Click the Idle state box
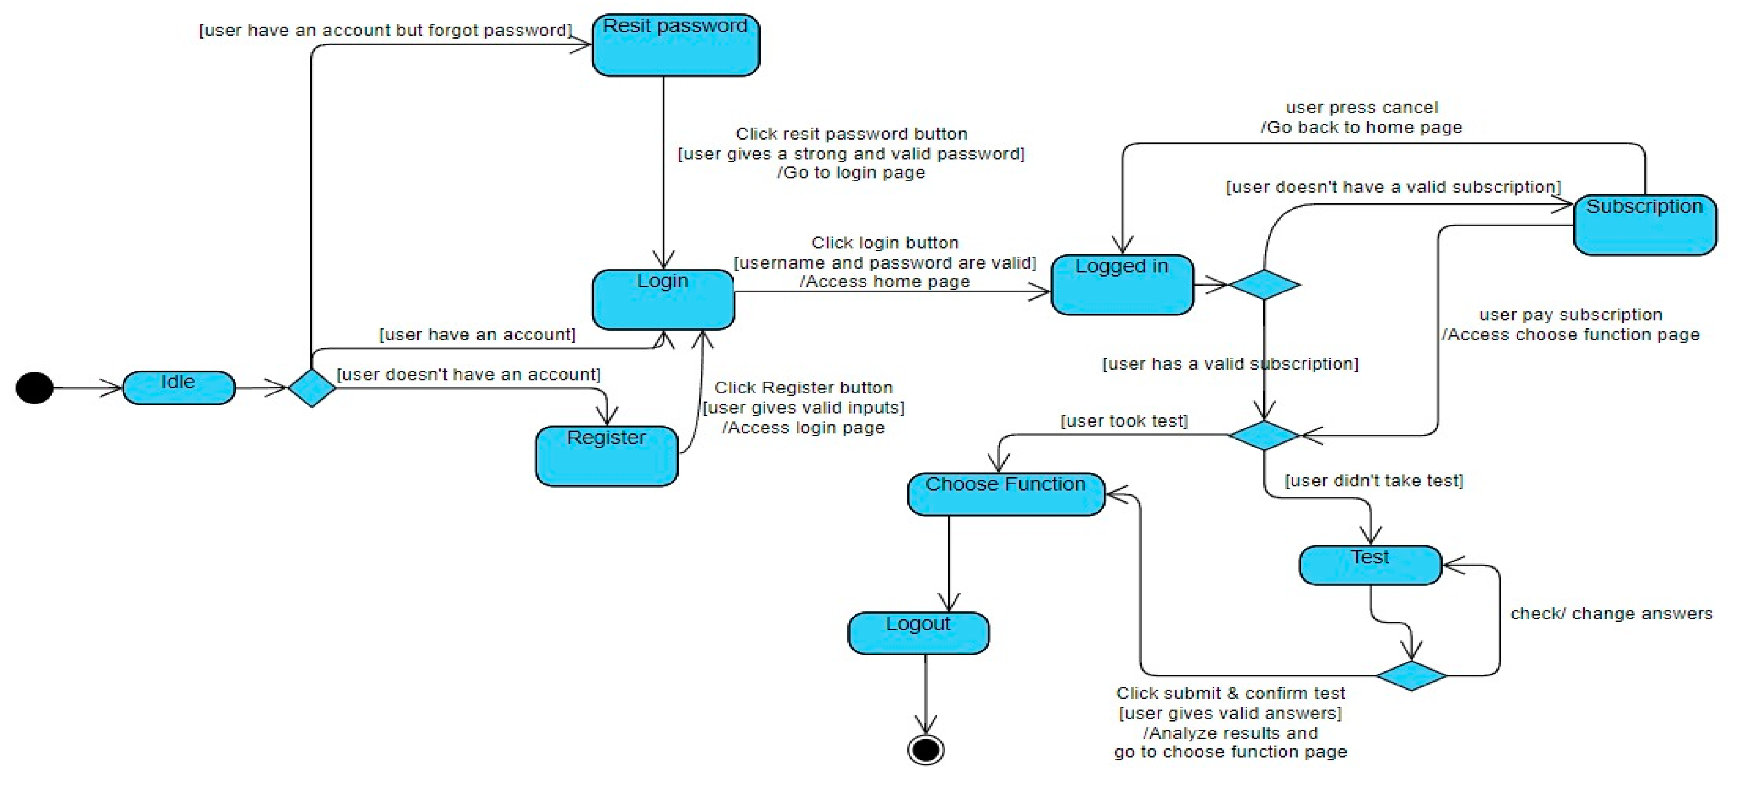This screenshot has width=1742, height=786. pos(179,388)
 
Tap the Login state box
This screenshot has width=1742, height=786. pos(663,299)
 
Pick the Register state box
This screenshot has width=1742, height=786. pos(606,455)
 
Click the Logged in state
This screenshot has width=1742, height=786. pos(1121,284)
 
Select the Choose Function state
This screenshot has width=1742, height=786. pos(1006,494)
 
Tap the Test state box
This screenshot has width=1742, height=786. pos(1370,565)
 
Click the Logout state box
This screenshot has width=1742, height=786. pos(918,632)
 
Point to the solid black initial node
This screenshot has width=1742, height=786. pos(34,388)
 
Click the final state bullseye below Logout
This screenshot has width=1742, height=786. pos(925,750)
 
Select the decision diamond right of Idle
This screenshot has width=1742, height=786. pos(311,388)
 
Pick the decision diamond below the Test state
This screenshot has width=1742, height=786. pos(1411,675)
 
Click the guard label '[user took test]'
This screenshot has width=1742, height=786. pos(1123,421)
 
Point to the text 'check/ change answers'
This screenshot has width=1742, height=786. pos(1611,614)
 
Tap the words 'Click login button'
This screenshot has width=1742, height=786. pos(885,242)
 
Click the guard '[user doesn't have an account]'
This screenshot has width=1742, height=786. pos(468,374)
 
